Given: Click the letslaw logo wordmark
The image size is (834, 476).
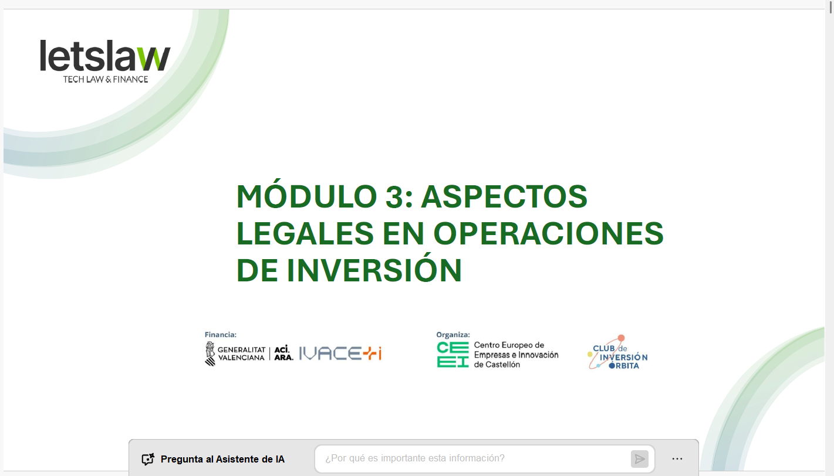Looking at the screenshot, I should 105,56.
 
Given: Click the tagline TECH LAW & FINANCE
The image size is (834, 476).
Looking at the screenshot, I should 106,79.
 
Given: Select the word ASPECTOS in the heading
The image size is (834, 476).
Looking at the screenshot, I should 504,196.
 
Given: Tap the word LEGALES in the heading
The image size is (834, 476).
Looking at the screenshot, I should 305,233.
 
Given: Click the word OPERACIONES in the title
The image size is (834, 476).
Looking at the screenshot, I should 548,233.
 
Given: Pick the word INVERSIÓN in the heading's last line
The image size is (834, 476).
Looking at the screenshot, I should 374,270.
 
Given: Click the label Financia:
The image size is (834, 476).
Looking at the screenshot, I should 221,335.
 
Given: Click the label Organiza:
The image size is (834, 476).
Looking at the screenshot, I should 453,335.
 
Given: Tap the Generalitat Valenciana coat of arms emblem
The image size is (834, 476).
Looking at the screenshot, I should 210,353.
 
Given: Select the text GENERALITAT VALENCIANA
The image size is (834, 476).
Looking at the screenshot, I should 241,353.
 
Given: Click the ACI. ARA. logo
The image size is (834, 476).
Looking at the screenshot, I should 283,353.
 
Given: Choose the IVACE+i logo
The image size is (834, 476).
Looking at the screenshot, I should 340,353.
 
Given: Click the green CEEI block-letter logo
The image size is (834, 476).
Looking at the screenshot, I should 453,355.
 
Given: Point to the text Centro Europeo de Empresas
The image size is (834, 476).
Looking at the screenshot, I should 515,350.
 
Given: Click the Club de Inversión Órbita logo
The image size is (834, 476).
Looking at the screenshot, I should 617,353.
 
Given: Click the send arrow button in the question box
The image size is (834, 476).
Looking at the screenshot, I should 639,459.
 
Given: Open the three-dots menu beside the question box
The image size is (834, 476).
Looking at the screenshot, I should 677,459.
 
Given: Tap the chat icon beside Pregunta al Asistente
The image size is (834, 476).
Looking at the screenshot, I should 148,459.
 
